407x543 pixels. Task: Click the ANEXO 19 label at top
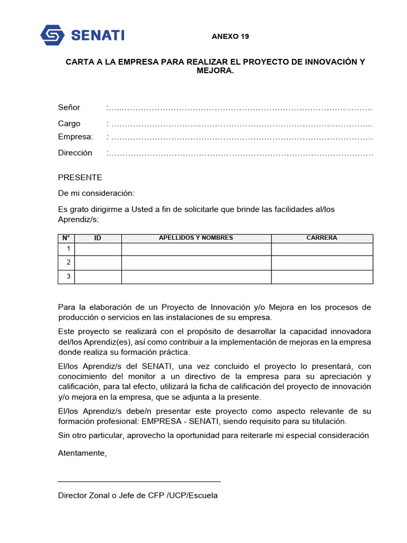pos(230,37)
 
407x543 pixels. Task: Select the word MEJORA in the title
pos(215,71)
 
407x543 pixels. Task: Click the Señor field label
pos(69,108)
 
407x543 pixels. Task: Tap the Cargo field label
pos(69,124)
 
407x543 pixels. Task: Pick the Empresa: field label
pos(75,137)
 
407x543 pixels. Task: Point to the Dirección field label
pos(75,153)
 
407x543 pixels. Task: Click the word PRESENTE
pos(80,178)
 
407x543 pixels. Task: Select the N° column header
pos(67,238)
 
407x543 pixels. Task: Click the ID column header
pos(98,238)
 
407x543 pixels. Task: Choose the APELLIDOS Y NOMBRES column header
pos(196,238)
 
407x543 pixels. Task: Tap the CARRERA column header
pos(322,238)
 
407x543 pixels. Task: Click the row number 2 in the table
pos(68,262)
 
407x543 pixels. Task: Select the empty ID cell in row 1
pos(98,249)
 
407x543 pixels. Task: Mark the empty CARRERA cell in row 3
pos(322,277)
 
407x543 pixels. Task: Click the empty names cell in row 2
pos(196,263)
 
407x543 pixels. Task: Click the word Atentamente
pos(82,453)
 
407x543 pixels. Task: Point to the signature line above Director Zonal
pos(139,481)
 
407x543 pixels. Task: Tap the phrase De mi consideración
pos(96,193)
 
